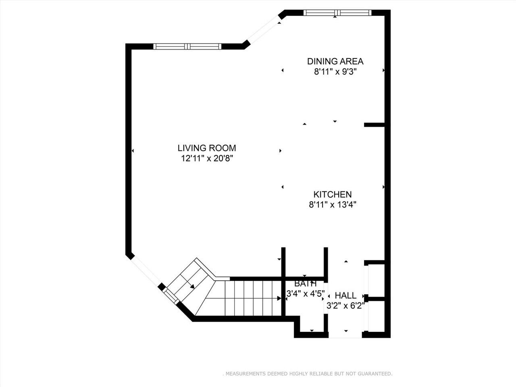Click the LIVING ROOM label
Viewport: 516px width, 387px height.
click(207, 148)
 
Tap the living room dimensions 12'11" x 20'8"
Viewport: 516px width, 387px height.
click(207, 158)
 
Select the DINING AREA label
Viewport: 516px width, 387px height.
click(335, 61)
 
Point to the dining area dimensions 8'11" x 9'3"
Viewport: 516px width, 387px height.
click(335, 72)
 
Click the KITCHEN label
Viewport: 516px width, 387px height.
click(333, 194)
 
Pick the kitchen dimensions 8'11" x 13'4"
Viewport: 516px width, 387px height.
click(333, 205)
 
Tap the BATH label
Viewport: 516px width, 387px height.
click(305, 284)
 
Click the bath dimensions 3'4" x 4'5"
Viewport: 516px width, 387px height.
click(305, 294)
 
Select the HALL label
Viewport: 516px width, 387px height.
click(345, 295)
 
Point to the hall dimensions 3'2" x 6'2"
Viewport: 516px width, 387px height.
click(345, 306)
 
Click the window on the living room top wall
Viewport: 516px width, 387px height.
click(187, 46)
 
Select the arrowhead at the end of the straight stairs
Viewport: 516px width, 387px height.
click(279, 298)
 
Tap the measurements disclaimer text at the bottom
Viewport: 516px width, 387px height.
click(307, 374)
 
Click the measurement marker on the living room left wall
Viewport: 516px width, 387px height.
click(133, 151)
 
